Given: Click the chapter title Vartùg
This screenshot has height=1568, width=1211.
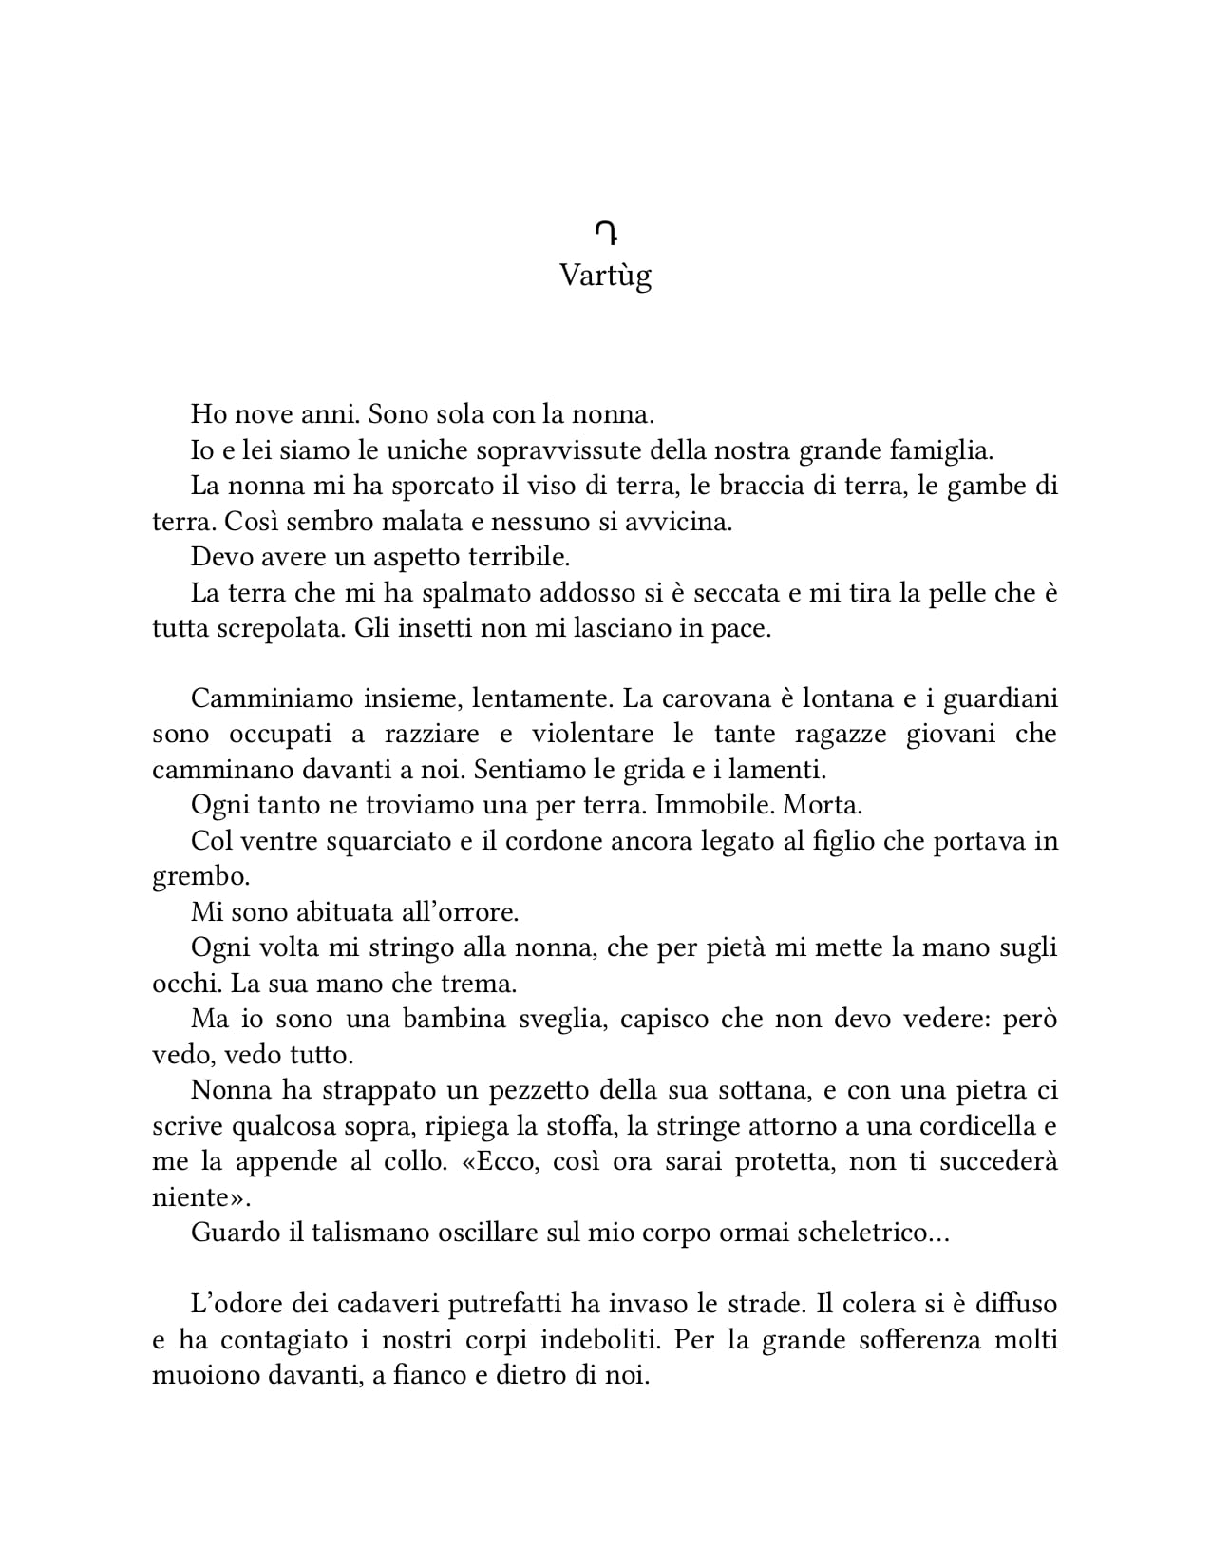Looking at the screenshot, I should pyautogui.click(x=605, y=277).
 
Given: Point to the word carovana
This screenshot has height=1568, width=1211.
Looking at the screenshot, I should pyautogui.click(x=708, y=698).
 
